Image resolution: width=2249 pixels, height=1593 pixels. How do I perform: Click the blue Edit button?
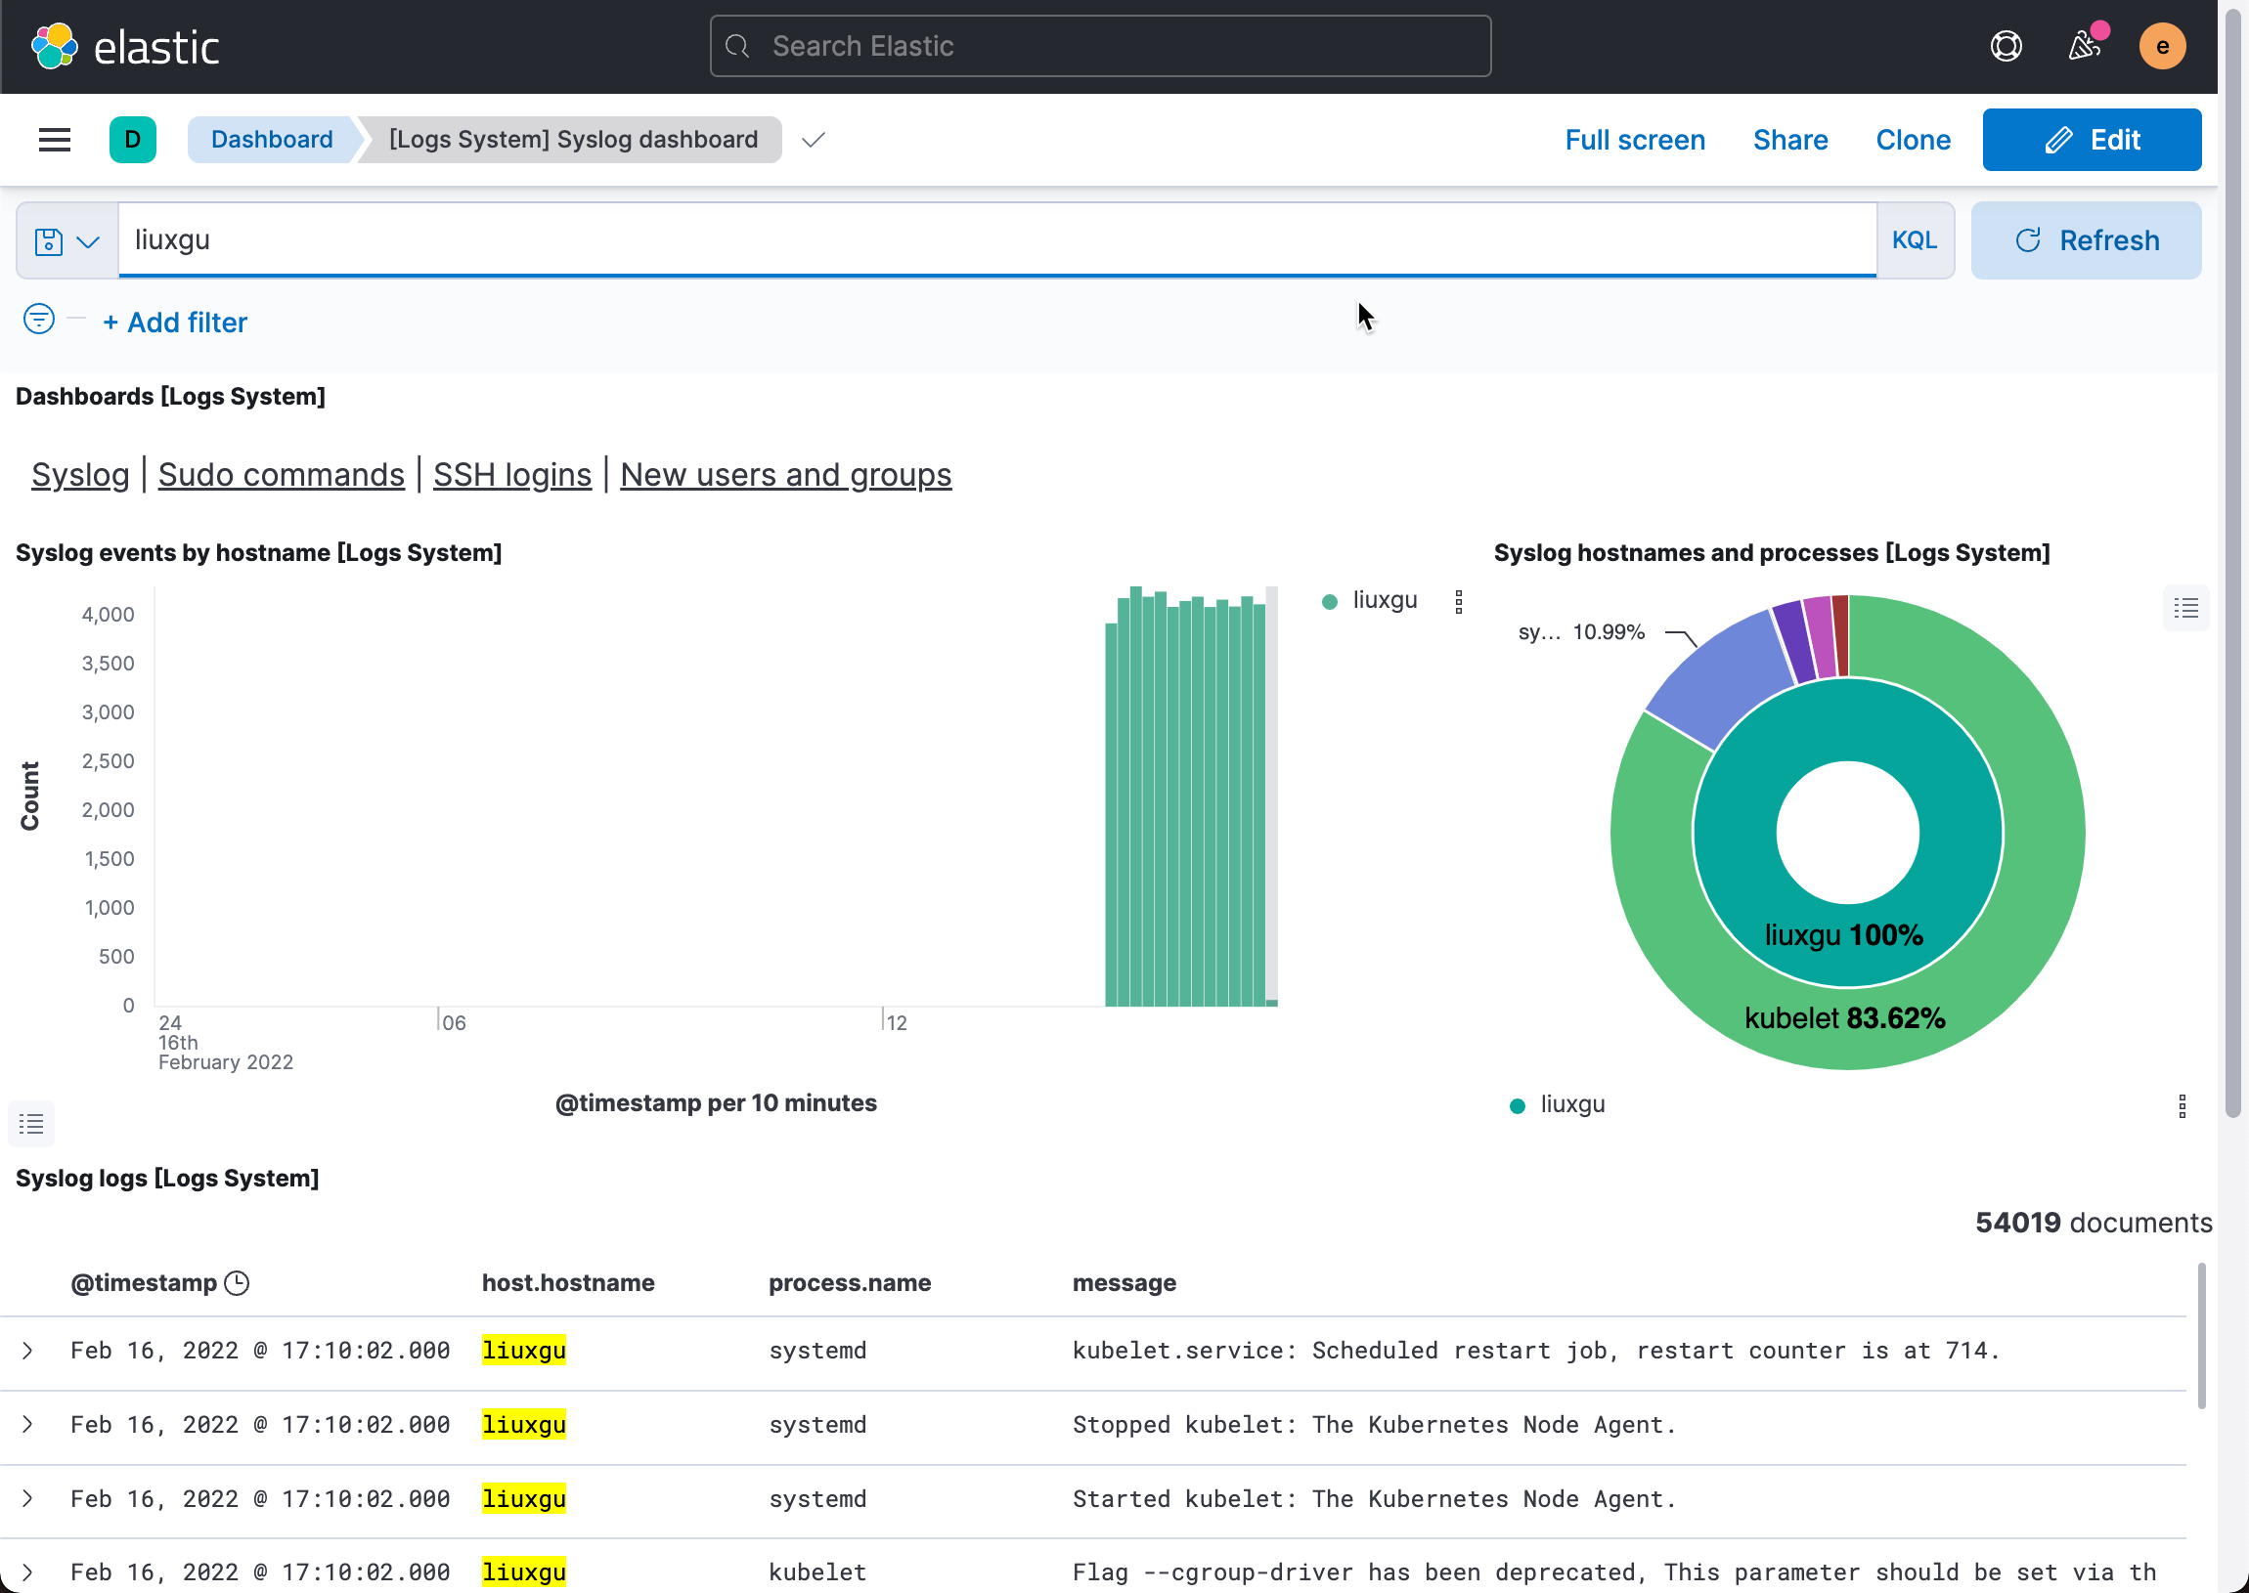[x=2091, y=140]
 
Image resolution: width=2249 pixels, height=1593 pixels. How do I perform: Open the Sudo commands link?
[x=281, y=475]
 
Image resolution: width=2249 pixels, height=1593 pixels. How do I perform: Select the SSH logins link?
[x=512, y=475]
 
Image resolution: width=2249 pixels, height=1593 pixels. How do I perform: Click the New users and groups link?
[x=785, y=475]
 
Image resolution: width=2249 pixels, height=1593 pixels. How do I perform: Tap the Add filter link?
[x=175, y=323]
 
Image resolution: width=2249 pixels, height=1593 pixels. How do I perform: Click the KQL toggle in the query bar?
[x=1914, y=240]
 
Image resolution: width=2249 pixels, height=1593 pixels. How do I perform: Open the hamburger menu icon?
[x=55, y=140]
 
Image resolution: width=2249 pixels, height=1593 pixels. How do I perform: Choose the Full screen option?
[x=1635, y=140]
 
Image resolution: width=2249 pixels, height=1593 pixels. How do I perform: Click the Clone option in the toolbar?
[x=1913, y=140]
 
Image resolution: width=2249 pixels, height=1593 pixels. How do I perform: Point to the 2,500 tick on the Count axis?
[x=108, y=761]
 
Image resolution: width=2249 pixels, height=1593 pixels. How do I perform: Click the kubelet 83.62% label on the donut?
[x=1844, y=1018]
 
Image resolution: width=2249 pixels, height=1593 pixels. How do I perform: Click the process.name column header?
[x=849, y=1283]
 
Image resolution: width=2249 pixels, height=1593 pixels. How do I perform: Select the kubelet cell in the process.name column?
[x=816, y=1572]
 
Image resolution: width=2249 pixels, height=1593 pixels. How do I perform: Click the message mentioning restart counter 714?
[x=1534, y=1351]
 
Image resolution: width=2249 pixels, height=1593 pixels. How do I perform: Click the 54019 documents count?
[x=2092, y=1223]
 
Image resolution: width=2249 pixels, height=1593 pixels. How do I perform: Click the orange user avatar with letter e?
[x=2162, y=46]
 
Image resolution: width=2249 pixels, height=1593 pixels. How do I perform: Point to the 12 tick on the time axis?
[x=896, y=1022]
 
